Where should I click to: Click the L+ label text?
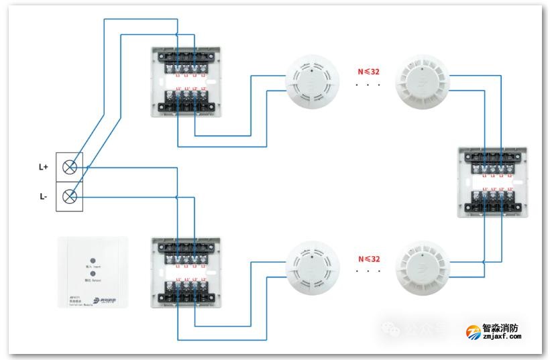[44, 166]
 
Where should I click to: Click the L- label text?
[44, 197]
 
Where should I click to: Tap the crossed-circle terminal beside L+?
[69, 167]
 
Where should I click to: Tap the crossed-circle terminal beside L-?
[69, 196]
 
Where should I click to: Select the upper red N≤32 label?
[368, 69]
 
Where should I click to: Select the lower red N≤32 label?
[368, 258]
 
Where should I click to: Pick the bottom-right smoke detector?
[421, 270]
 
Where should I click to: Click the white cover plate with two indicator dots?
[93, 272]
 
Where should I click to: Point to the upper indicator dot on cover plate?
[93, 257]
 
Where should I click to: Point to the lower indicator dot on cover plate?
[93, 274]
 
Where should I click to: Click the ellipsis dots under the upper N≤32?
[368, 85]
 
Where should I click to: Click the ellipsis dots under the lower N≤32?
[368, 272]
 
